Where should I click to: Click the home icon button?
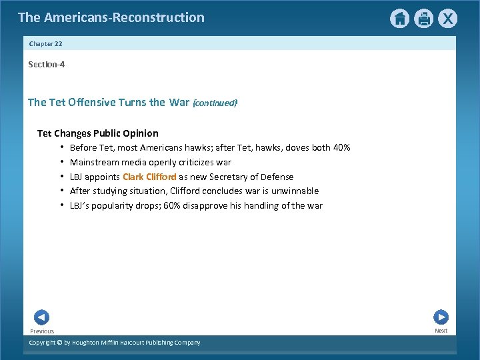tap(399, 19)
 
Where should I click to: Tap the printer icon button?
tap(424, 19)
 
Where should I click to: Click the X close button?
tap(449, 19)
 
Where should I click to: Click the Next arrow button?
tap(441, 317)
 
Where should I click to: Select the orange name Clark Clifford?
tap(149, 177)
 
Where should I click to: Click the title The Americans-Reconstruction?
tap(111, 17)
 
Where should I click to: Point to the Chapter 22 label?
tap(45, 43)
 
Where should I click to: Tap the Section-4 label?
tap(46, 65)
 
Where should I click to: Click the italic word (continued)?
tap(215, 103)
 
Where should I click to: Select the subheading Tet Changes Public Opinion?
tap(97, 133)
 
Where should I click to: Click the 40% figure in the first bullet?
tap(341, 147)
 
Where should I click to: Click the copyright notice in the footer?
tap(114, 343)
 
